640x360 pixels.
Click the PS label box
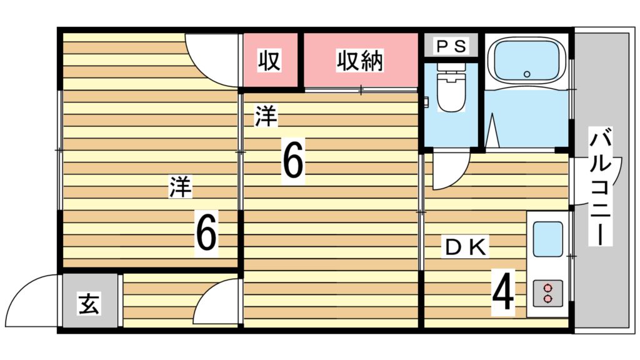click(x=450, y=46)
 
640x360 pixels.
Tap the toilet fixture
click(x=451, y=87)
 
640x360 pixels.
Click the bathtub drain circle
click(x=527, y=74)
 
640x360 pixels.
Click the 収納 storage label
click(x=361, y=61)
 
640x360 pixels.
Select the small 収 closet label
click(x=269, y=61)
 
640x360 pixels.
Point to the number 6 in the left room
click(x=207, y=233)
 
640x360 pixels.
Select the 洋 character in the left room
click(x=181, y=187)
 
